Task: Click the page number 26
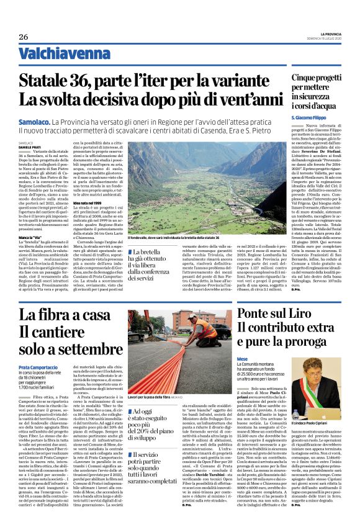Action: click(23, 37)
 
